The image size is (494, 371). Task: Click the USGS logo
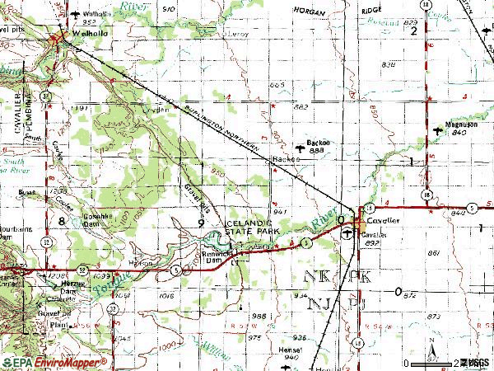click(x=477, y=361)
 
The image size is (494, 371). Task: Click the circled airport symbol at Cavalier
click(x=348, y=235)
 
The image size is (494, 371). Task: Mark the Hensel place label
click(x=289, y=349)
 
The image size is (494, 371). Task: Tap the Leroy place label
click(x=240, y=34)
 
